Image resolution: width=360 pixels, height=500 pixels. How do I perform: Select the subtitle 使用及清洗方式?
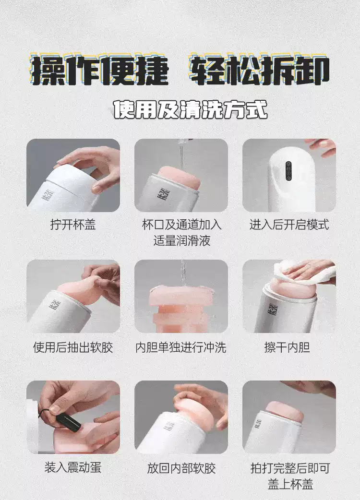click(190, 109)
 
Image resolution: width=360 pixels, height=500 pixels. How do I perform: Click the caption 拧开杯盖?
click(73, 225)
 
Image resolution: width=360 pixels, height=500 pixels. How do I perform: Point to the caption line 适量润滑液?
click(181, 240)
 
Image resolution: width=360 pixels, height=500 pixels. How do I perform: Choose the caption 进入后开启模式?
click(289, 225)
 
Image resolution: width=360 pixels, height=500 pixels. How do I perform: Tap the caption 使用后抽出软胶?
click(73, 347)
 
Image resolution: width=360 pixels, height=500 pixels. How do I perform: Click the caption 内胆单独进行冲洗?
click(181, 347)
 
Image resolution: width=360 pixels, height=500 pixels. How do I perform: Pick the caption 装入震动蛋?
click(73, 467)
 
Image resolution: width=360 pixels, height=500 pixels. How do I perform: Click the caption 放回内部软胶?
click(181, 468)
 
